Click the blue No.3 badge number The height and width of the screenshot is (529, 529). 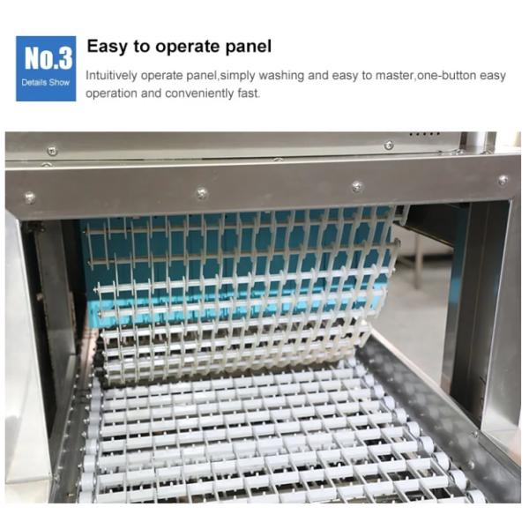point(45,59)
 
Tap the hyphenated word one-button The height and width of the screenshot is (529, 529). point(450,76)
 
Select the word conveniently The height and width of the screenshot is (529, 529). point(193,93)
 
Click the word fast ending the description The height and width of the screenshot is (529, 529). point(249,93)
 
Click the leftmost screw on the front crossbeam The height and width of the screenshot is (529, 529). point(30,197)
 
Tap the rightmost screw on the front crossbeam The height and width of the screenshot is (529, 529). point(503,180)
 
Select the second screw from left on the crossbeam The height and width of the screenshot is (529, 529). point(202,192)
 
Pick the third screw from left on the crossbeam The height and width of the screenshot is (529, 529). point(357,186)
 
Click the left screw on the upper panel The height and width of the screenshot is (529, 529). point(52,151)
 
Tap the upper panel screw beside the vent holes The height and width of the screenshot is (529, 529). point(389,145)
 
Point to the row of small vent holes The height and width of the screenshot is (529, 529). point(424,134)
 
